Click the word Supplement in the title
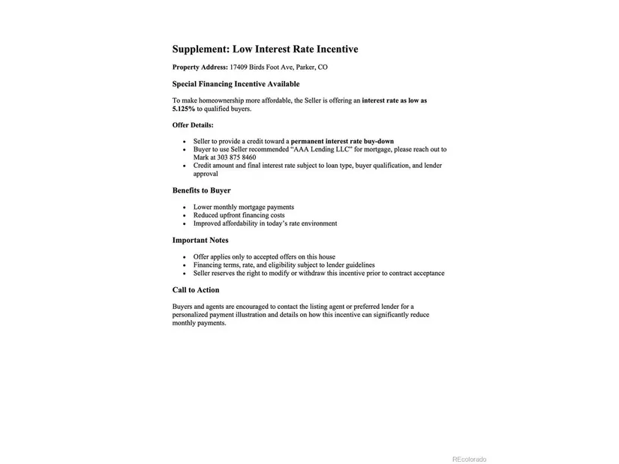point(200,49)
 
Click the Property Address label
point(200,67)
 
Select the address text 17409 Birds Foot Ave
point(262,67)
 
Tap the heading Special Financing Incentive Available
point(236,84)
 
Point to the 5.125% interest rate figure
point(183,109)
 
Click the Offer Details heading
point(193,125)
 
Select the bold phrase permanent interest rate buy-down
point(342,141)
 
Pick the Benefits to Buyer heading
point(201,190)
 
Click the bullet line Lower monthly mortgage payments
point(243,207)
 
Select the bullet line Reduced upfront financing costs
point(239,215)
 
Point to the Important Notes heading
point(200,241)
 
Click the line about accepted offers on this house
point(264,257)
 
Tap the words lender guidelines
point(350,265)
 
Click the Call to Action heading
point(196,290)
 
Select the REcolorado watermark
point(469,460)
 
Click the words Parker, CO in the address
point(311,67)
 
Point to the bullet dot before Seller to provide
point(185,142)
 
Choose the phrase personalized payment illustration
point(219,315)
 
